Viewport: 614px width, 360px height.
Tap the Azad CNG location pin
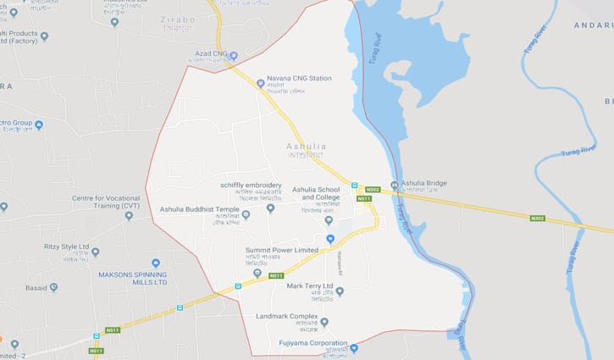234,56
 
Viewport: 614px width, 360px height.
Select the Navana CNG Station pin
261,83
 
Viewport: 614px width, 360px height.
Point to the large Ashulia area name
307,147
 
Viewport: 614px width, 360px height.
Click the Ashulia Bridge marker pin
395,186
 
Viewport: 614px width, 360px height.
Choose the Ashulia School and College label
316,194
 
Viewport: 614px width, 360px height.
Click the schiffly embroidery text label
251,185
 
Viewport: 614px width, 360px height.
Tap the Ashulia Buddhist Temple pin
246,215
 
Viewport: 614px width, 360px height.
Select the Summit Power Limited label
282,250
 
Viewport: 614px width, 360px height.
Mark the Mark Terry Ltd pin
340,291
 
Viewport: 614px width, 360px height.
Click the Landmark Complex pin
324,322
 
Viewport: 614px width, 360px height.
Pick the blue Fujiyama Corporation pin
354,348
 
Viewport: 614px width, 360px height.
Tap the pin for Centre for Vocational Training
129,216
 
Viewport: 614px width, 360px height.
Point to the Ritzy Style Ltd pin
95,252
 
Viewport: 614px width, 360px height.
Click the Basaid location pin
53,287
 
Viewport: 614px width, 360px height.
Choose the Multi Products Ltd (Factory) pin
44,37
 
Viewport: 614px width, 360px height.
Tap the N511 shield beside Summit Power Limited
275,276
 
